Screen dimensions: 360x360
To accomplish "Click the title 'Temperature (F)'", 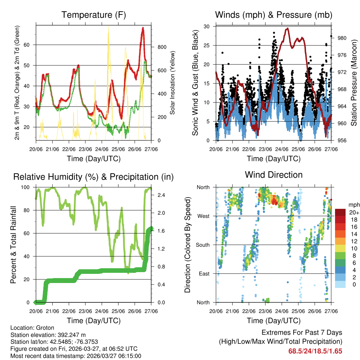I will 94,15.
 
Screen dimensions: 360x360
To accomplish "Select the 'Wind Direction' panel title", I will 274,175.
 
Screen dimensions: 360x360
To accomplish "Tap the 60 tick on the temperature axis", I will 31,45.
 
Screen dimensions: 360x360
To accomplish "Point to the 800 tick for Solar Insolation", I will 159,47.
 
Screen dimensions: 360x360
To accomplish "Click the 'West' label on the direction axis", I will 203,216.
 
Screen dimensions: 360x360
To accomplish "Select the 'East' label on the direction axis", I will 204,274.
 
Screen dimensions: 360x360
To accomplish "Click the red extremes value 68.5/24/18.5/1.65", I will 315,351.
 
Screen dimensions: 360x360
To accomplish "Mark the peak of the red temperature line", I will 143,28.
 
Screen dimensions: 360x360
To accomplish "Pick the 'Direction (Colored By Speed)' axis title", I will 187,245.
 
